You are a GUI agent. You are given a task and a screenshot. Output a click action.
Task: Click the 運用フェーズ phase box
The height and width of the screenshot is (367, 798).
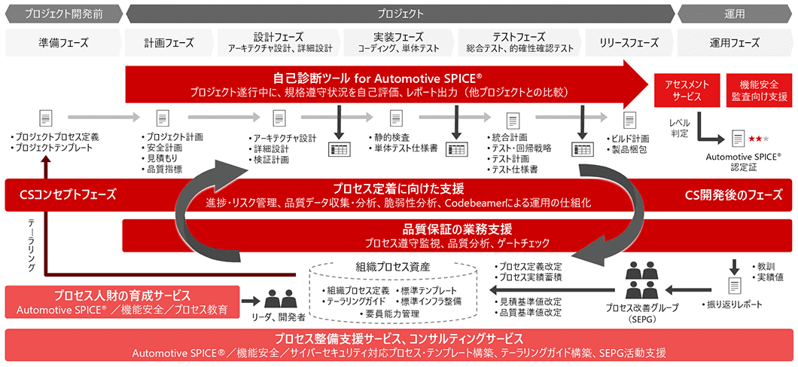[734, 42]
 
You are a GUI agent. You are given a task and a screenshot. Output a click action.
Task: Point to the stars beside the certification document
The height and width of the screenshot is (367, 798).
[758, 139]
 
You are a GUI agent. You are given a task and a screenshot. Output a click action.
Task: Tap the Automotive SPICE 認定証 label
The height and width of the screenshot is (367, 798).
[744, 161]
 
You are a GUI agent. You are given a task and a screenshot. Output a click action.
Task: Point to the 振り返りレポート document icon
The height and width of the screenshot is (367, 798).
[733, 285]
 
